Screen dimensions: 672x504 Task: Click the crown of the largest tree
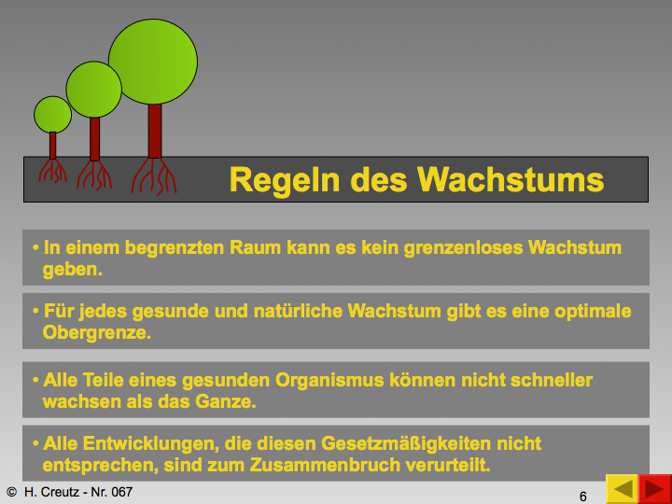click(153, 62)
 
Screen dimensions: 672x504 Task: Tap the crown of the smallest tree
click(52, 115)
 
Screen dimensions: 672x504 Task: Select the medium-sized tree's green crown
click(94, 90)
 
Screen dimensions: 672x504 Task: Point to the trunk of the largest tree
click(155, 132)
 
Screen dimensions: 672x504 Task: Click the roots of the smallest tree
click(52, 171)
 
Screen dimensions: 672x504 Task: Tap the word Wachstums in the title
click(511, 179)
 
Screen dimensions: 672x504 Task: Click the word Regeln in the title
click(286, 180)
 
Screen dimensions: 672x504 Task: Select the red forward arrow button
click(655, 489)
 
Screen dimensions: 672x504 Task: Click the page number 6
click(582, 497)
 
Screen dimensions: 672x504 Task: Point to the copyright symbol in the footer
click(11, 492)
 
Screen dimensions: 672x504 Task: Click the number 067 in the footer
click(121, 492)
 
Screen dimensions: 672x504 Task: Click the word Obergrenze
click(96, 333)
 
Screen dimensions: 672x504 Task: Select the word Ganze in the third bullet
click(226, 401)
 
